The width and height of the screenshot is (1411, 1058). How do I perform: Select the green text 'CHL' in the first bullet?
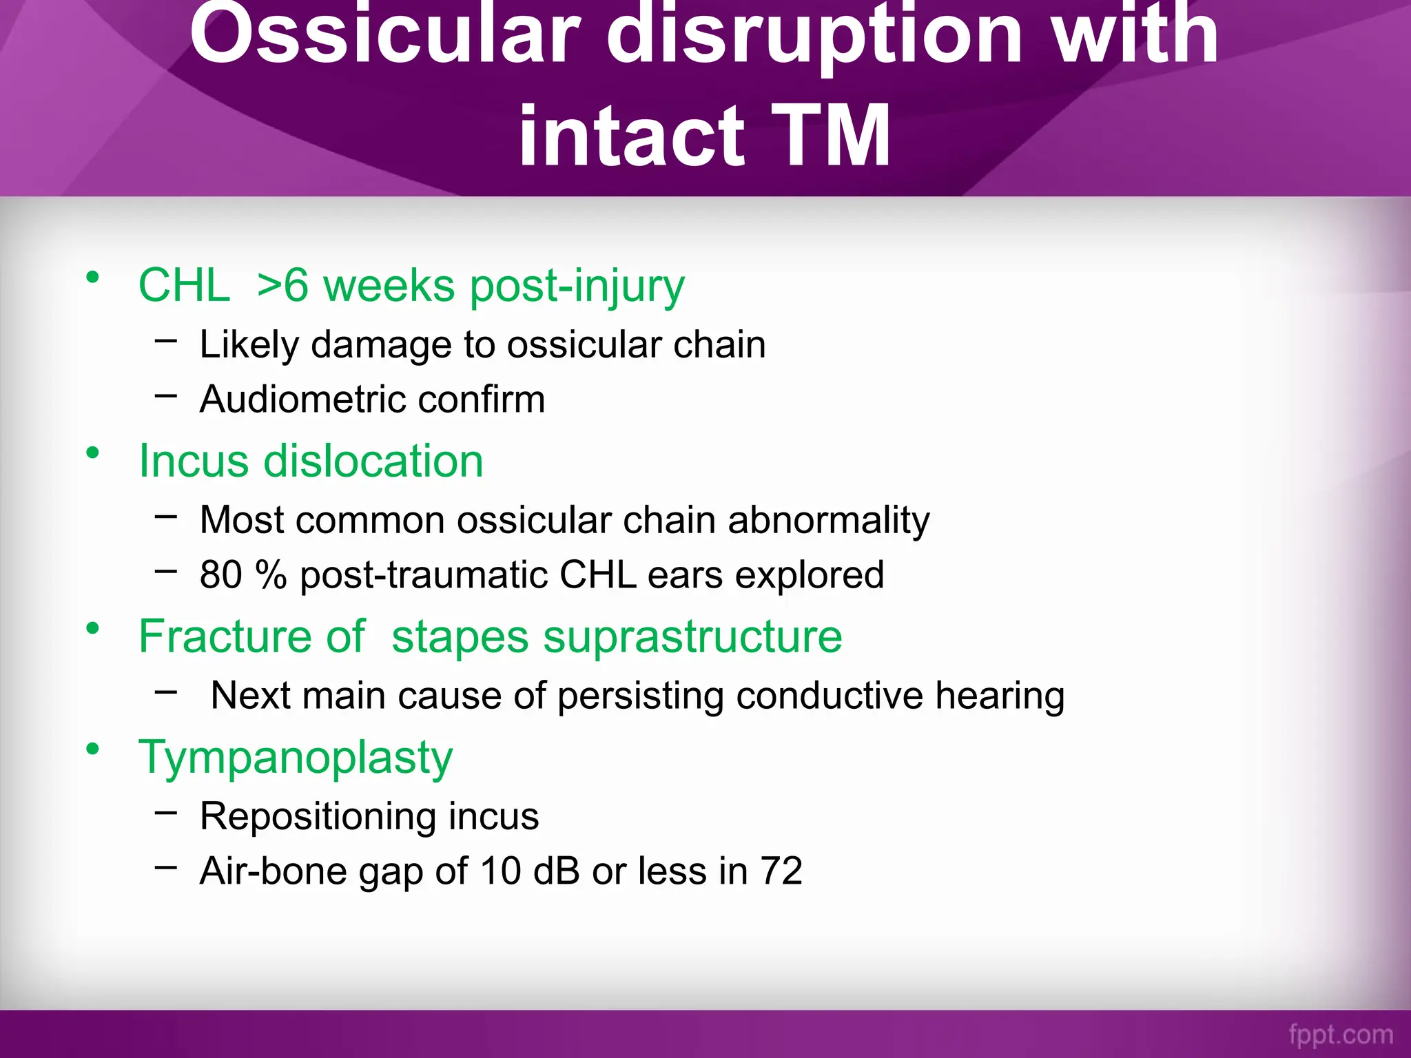pyautogui.click(x=184, y=285)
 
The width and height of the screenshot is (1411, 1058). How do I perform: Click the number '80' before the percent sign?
pyautogui.click(x=220, y=574)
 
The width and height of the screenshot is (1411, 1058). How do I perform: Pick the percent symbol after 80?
pyautogui.click(x=270, y=574)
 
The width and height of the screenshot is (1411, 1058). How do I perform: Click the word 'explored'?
pyautogui.click(x=810, y=574)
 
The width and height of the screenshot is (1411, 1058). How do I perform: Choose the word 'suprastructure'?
pyautogui.click(x=692, y=636)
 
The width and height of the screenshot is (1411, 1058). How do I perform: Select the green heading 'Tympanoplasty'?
pyautogui.click(x=296, y=758)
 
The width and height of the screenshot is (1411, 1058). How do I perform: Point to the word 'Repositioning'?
pyautogui.click(x=318, y=816)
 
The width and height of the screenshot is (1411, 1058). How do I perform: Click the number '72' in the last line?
pyautogui.click(x=781, y=871)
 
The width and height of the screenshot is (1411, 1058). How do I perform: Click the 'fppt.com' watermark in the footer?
pyautogui.click(x=1341, y=1034)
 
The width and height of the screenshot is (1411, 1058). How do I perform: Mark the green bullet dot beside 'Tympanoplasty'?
pyautogui.click(x=92, y=749)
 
